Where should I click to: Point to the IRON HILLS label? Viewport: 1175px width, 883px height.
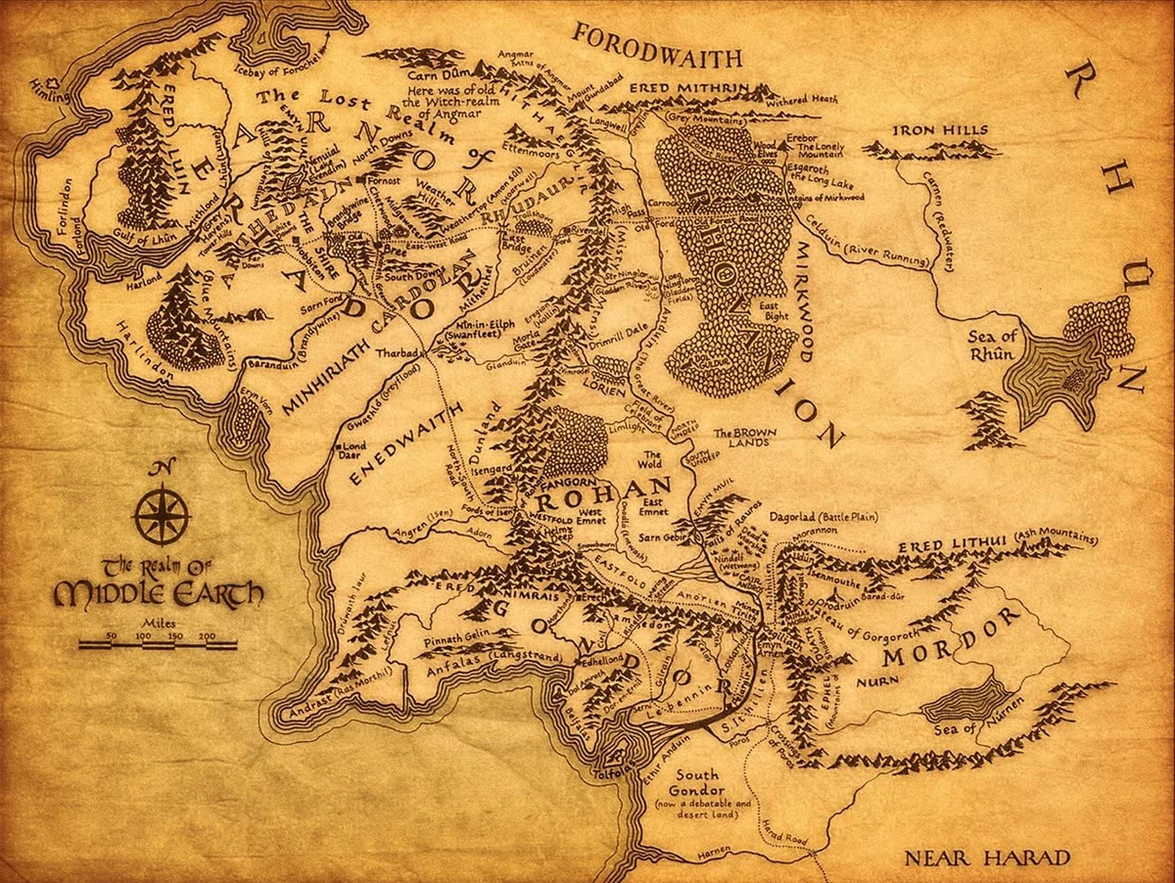point(941,130)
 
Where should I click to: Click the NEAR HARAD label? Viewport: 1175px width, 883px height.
point(986,859)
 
